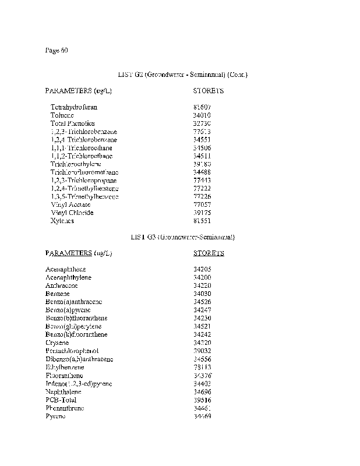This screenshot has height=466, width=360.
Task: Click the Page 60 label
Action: tap(57, 50)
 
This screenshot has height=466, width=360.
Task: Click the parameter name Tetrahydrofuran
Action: tap(74, 107)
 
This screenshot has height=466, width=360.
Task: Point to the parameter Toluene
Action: tap(62, 115)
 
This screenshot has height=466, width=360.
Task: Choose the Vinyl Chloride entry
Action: tap(72, 213)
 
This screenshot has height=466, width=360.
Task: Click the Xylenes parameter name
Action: tap(62, 221)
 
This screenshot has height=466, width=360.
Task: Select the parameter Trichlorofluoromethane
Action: tap(84, 172)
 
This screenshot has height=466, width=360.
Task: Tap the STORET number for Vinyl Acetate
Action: tap(202, 205)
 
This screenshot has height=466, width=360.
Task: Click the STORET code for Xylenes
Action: tap(202, 221)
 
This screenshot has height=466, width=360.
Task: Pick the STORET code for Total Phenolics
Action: tap(202, 123)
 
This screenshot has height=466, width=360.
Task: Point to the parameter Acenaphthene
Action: tap(65, 269)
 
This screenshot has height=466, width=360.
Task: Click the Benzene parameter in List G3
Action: tap(58, 294)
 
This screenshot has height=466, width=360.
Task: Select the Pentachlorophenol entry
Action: tap(72, 351)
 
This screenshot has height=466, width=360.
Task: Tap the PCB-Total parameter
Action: tap(61, 400)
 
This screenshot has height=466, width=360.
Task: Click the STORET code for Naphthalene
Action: tap(202, 391)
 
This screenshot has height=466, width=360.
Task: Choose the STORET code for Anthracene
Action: tap(202, 285)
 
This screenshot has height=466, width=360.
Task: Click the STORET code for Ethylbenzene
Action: tap(202, 367)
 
